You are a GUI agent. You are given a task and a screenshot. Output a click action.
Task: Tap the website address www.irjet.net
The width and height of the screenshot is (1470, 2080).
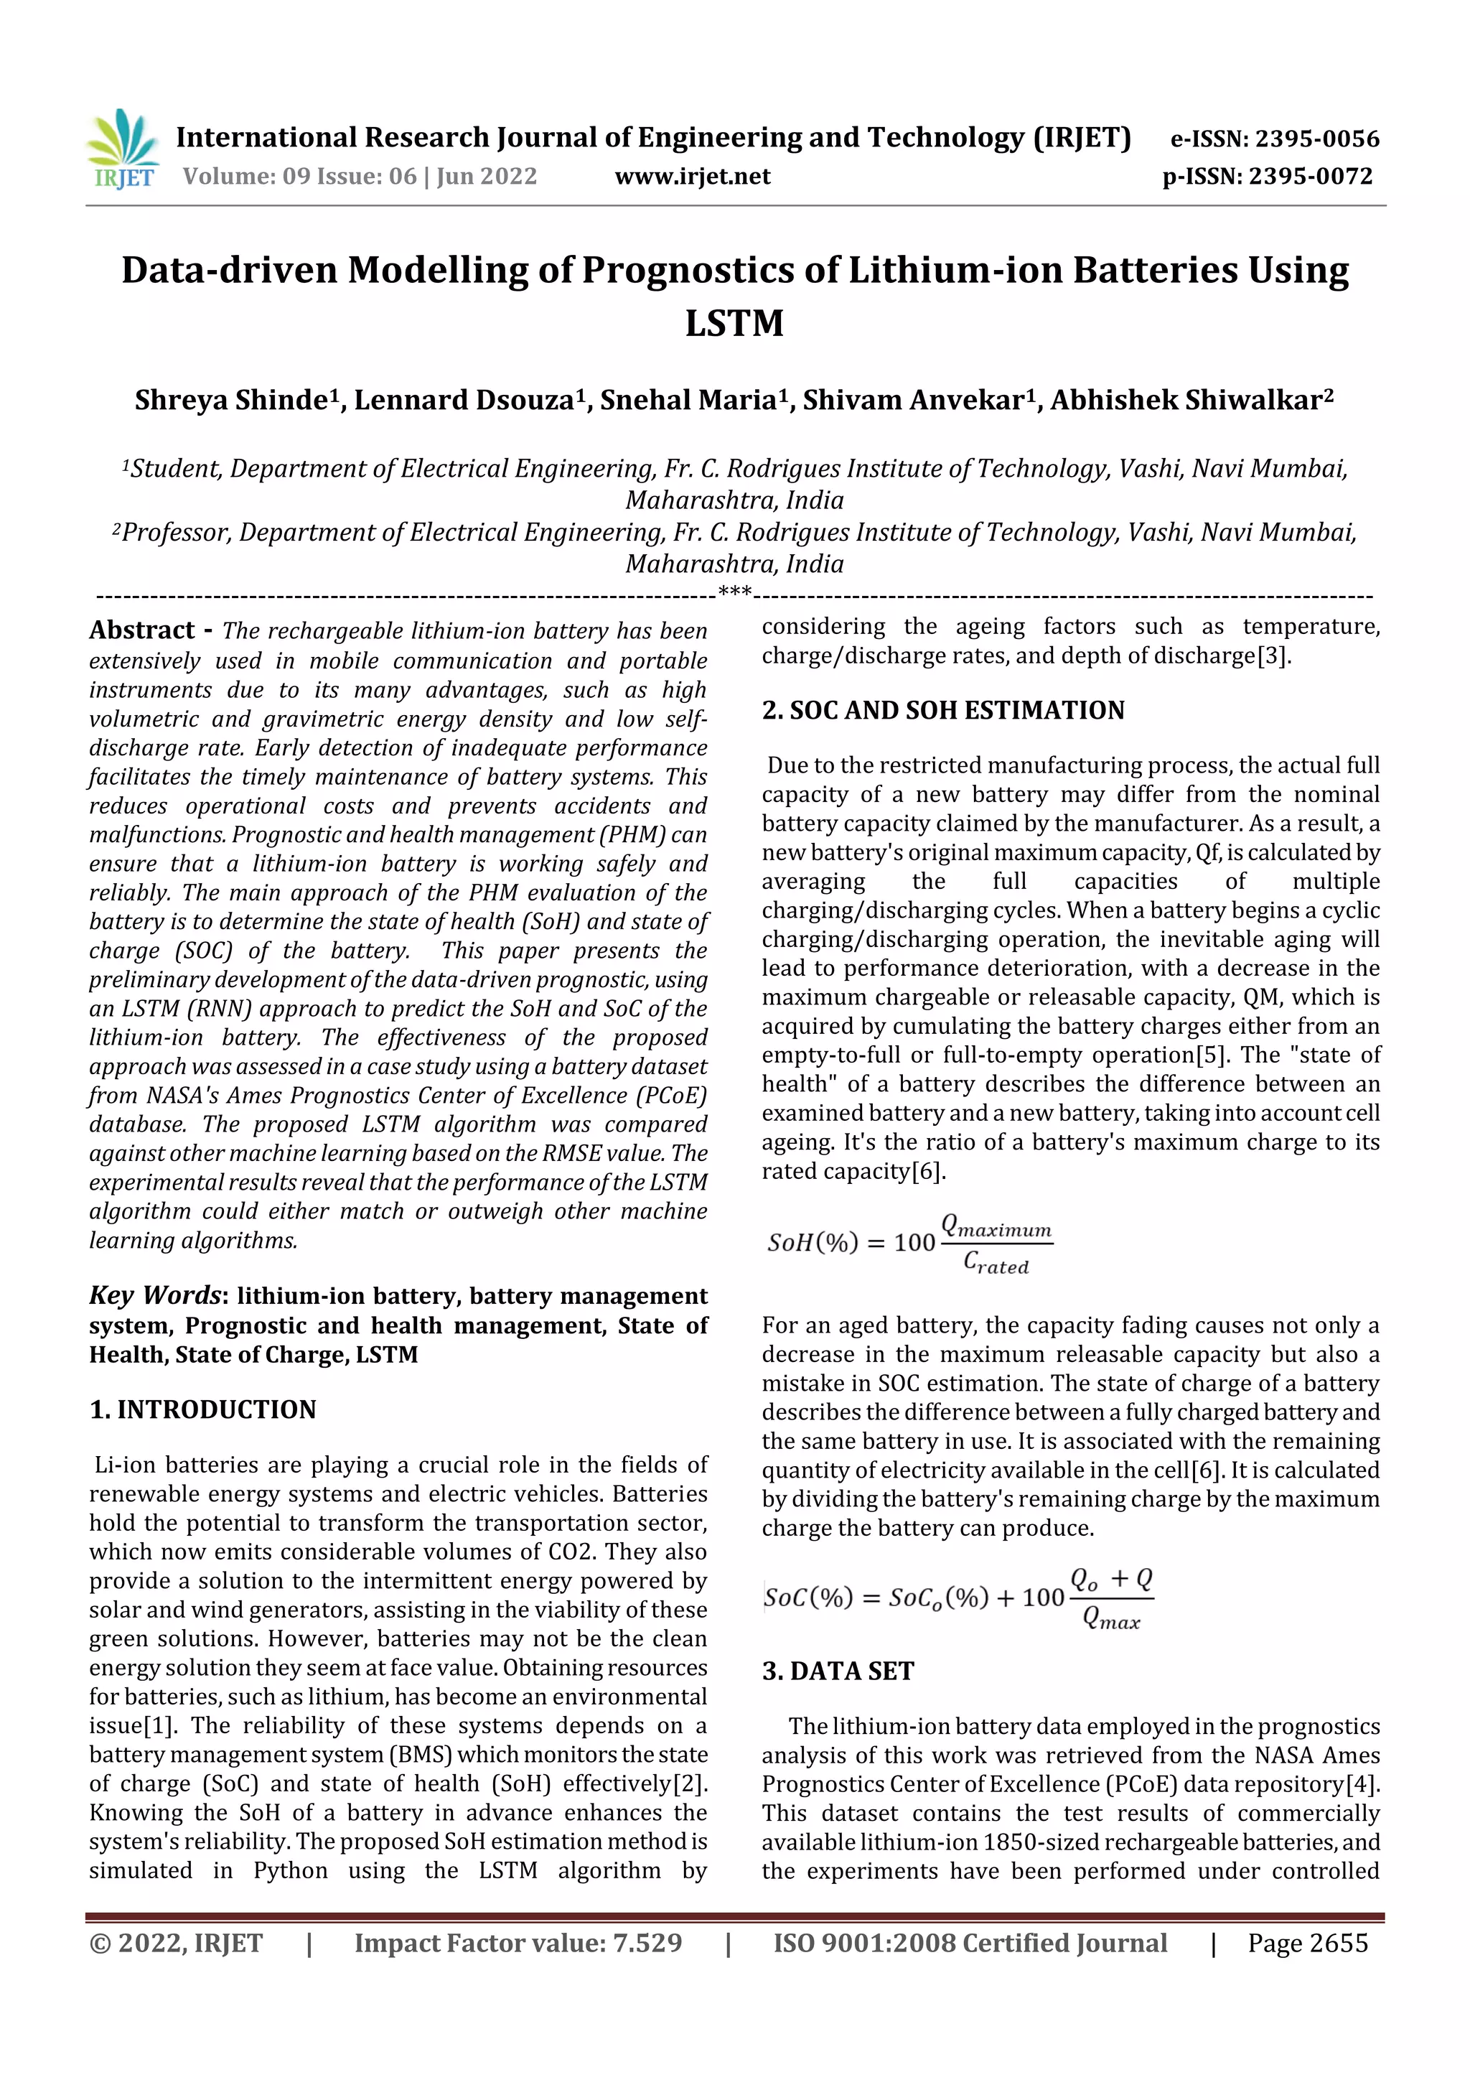[x=692, y=176]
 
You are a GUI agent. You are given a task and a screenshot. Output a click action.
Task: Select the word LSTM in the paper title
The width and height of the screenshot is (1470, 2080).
[x=734, y=323]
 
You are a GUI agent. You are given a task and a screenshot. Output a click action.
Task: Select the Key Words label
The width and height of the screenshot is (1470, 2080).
[x=155, y=1295]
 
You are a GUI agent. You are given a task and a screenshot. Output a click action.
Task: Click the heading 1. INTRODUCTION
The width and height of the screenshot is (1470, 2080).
[x=203, y=1409]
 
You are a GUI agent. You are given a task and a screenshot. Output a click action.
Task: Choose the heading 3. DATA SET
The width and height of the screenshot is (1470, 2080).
[x=838, y=1671]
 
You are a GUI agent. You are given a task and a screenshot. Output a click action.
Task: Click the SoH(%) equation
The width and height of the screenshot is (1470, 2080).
[x=909, y=1243]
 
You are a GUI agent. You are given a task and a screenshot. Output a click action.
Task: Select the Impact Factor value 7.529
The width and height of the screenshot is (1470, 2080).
[x=647, y=1943]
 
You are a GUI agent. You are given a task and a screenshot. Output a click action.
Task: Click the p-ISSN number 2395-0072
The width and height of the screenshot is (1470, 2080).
[x=1311, y=176]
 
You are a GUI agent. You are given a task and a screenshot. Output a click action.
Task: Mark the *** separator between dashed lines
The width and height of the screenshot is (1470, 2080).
[x=734, y=592]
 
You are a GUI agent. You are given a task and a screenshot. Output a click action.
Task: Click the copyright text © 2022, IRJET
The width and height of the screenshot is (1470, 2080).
[x=176, y=1943]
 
